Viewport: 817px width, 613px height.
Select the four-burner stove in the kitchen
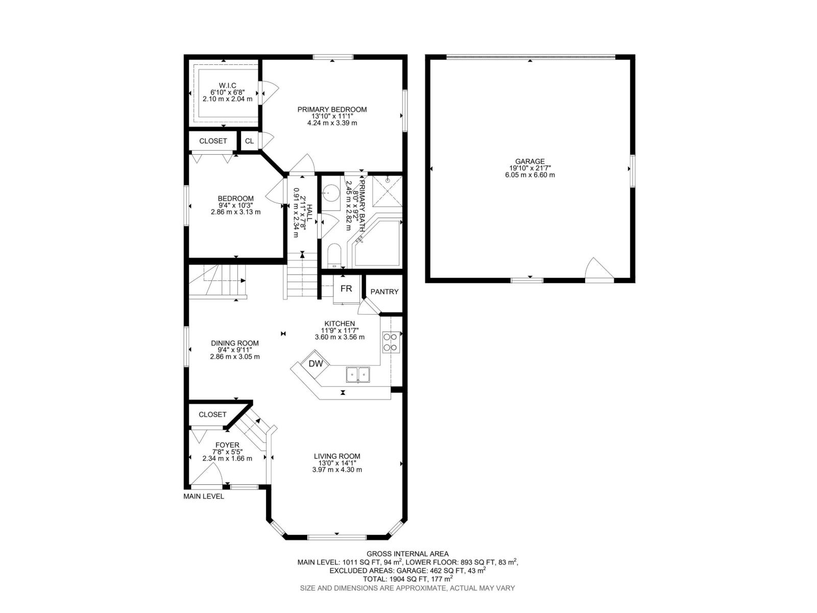pos(391,342)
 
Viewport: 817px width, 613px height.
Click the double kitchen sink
pos(358,374)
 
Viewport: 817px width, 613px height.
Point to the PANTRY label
pos(385,292)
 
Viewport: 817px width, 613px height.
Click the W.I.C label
pos(227,86)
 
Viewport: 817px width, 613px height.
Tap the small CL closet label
pos(249,141)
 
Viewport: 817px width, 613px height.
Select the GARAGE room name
pos(530,161)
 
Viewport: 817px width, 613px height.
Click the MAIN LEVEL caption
pos(204,497)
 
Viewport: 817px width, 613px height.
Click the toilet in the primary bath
pos(334,256)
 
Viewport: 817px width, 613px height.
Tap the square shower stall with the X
pos(387,191)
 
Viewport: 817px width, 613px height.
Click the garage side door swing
pos(599,268)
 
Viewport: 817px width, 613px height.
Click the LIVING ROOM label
pos(337,456)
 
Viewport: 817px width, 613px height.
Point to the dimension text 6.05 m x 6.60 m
pos(530,175)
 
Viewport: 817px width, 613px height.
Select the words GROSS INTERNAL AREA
pos(407,554)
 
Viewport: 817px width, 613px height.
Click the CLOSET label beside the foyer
pos(212,415)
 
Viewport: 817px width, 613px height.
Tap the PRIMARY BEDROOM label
pos(332,109)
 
